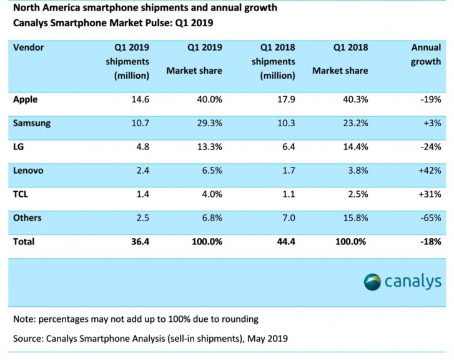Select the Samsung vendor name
(32, 122)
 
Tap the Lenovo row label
(29, 170)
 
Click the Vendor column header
(28, 47)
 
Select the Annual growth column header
(426, 54)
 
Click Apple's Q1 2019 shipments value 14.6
(139, 99)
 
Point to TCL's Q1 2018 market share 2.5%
(355, 194)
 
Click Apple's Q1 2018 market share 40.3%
(353, 99)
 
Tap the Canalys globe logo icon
(373, 281)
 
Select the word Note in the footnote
(24, 319)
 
